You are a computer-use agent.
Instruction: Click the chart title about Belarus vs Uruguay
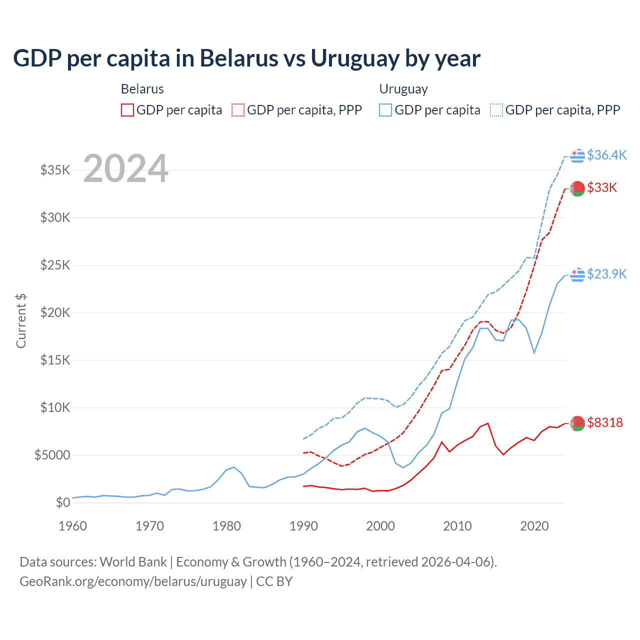[x=246, y=58]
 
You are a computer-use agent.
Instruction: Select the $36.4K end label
[x=606, y=155]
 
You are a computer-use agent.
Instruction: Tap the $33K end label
[x=602, y=187]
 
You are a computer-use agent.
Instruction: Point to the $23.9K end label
[x=606, y=274]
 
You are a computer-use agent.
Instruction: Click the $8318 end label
[x=605, y=422]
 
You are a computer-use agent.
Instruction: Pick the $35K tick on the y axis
[x=55, y=170]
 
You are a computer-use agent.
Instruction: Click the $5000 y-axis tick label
[x=52, y=455]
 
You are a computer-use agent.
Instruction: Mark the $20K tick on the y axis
[x=55, y=312]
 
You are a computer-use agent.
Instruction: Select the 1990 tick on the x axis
[x=303, y=526]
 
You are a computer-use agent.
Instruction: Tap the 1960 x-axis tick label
[x=73, y=526]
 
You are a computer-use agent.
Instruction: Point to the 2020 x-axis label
[x=534, y=526]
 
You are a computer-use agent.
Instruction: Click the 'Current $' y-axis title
[x=21, y=321]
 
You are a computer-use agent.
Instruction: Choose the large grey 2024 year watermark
[x=125, y=168]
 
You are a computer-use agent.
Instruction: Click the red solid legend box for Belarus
[x=127, y=110]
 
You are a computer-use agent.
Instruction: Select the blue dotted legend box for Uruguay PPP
[x=496, y=110]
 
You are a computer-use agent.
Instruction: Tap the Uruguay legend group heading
[x=403, y=89]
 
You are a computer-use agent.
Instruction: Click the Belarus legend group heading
[x=142, y=89]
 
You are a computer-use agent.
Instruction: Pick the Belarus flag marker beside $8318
[x=577, y=423]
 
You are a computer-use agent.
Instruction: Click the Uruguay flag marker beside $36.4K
[x=577, y=155]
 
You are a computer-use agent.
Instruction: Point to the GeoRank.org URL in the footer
[x=133, y=581]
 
